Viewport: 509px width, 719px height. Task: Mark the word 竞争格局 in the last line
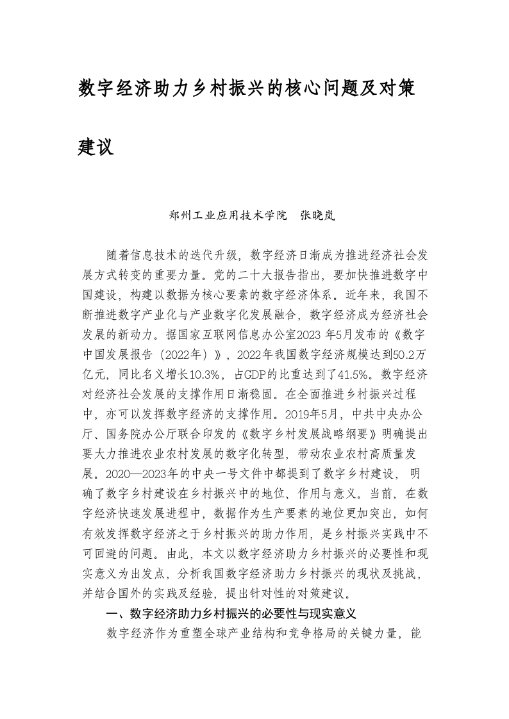(x=306, y=633)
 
